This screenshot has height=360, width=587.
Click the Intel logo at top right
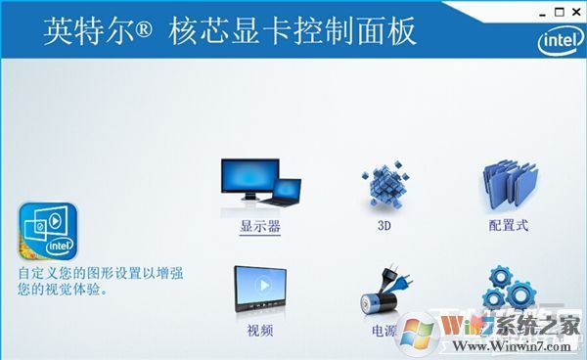[555, 41]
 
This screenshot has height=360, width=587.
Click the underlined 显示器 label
[260, 226]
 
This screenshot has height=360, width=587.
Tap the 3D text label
[384, 226]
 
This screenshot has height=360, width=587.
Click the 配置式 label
[509, 226]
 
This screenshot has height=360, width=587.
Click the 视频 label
[260, 332]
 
